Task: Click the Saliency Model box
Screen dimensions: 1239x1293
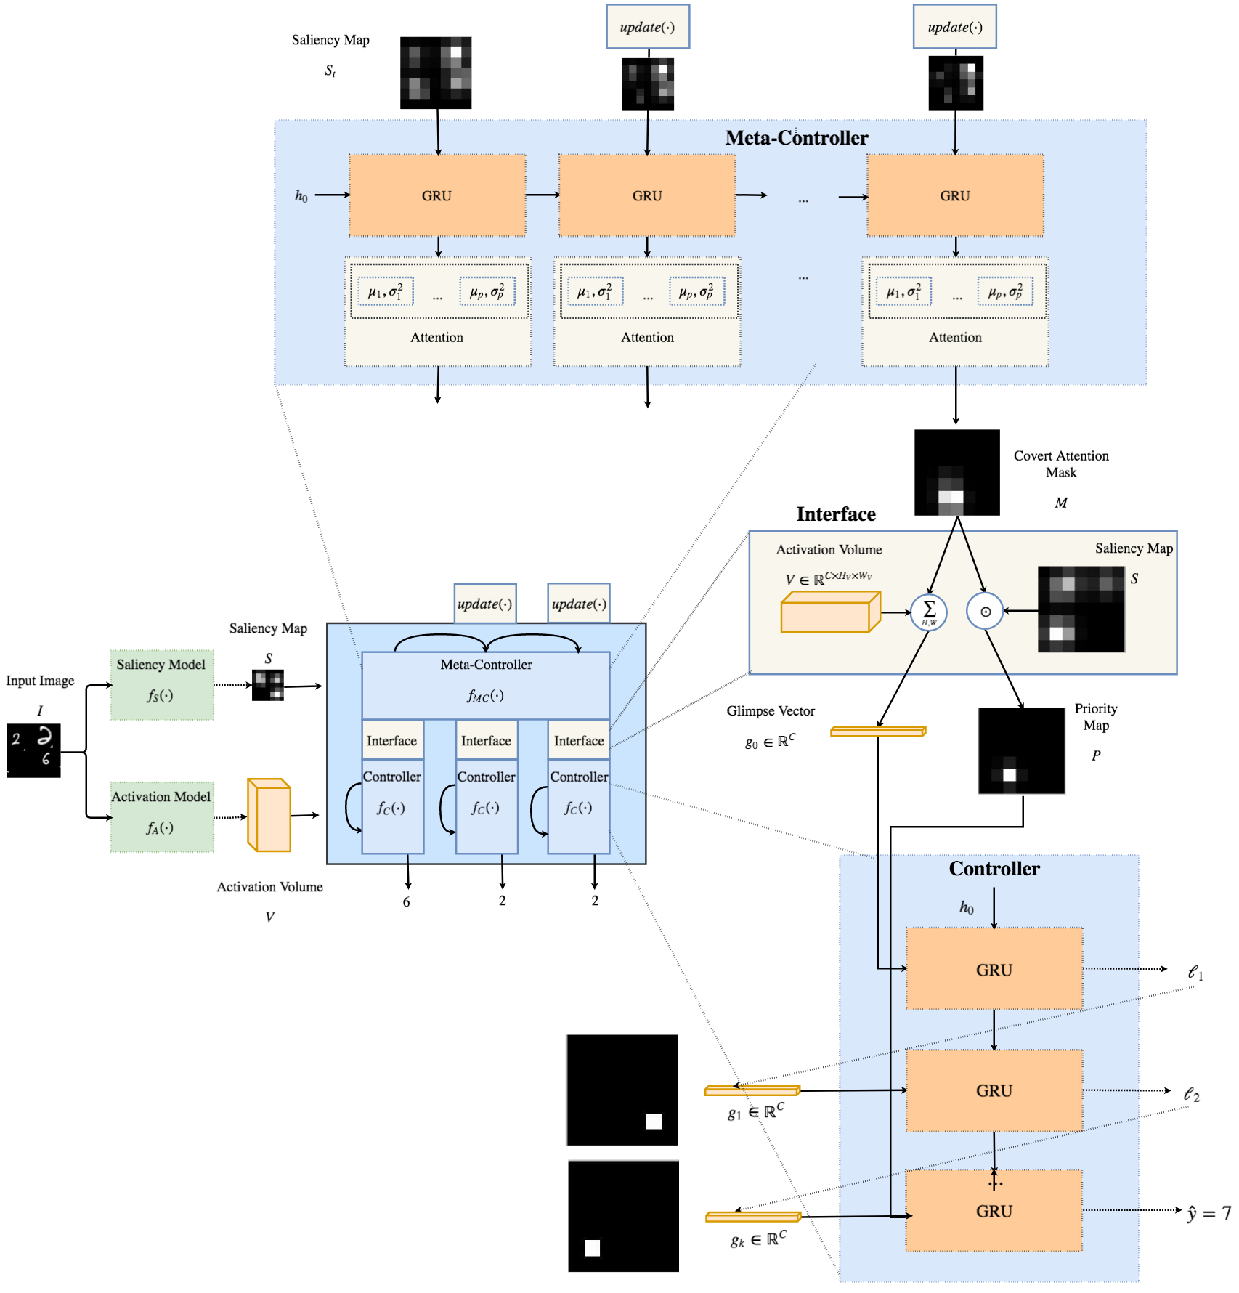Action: tap(162, 684)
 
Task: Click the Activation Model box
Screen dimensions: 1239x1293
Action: tap(162, 816)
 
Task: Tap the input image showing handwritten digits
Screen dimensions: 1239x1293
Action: tap(33, 750)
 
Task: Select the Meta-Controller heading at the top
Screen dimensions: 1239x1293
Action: tap(797, 138)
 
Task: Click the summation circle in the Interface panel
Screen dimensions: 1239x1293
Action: tap(929, 612)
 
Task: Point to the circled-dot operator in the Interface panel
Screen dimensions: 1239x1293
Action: tap(985, 612)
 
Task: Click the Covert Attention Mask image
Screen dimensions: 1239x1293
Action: tap(956, 472)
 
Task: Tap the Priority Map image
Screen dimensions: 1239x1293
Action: tap(1021, 750)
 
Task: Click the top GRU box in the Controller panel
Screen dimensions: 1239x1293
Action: tap(994, 968)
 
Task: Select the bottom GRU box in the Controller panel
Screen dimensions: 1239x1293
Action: tap(994, 1210)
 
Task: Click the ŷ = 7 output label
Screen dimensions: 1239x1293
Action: tap(1209, 1213)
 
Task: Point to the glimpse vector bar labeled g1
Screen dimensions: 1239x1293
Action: tap(752, 1090)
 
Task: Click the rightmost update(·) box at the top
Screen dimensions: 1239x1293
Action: tap(954, 27)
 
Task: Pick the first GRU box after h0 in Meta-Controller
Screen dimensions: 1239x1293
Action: tap(437, 195)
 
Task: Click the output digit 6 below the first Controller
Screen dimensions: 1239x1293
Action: tap(407, 902)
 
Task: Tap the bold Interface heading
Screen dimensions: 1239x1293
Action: tap(836, 514)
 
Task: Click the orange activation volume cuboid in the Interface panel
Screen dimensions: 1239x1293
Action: tap(831, 612)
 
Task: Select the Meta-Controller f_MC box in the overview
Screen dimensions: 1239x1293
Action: tap(486, 685)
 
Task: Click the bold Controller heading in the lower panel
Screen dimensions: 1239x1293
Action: tap(994, 869)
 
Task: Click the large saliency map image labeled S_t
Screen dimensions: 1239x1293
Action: tap(436, 73)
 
